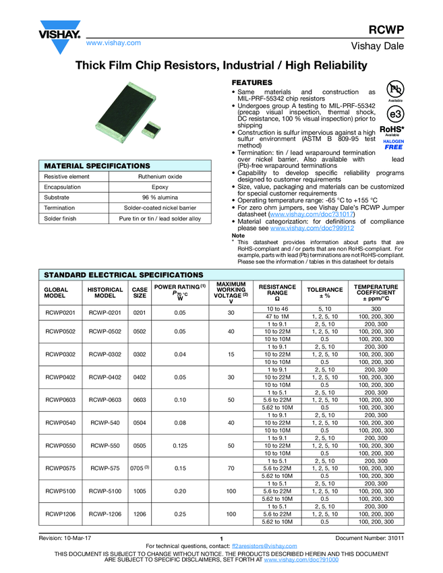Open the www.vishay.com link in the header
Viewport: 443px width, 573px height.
(113, 43)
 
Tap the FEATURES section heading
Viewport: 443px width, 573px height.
(252, 82)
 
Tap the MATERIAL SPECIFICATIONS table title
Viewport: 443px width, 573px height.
(96, 165)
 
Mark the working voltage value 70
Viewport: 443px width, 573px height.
(230, 466)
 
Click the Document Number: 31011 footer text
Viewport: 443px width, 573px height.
(370, 538)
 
